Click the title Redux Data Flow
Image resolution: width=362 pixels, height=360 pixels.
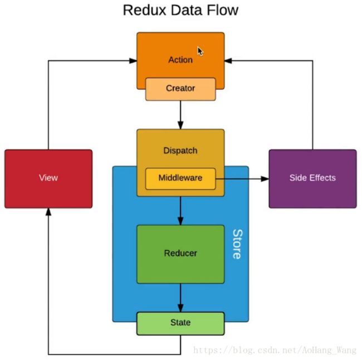point(180,10)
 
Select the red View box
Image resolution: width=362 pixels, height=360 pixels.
point(48,179)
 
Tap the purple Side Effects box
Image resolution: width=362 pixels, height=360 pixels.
point(312,179)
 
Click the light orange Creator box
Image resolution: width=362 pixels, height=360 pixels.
point(180,89)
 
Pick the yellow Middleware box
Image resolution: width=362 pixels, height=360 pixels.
point(180,179)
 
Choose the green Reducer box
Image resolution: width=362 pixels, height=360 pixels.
point(180,254)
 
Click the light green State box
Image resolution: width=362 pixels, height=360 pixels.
point(180,323)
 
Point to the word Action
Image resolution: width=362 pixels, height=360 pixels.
point(180,60)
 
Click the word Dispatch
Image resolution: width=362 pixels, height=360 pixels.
point(180,150)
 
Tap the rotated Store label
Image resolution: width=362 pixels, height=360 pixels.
point(237,244)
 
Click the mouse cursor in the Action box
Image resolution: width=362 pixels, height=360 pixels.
point(200,51)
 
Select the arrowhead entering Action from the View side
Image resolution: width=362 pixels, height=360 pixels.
point(133,61)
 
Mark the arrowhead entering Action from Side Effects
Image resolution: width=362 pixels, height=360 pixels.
point(228,61)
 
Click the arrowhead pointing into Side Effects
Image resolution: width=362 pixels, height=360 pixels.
point(265,179)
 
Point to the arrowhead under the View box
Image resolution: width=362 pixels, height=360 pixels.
point(48,212)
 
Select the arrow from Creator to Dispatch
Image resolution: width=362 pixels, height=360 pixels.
point(180,115)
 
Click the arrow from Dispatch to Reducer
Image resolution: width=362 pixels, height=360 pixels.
point(180,211)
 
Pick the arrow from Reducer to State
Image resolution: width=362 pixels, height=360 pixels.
point(180,298)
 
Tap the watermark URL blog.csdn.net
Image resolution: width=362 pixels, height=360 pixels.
point(275,351)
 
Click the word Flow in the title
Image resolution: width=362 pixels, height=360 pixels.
point(223,10)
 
